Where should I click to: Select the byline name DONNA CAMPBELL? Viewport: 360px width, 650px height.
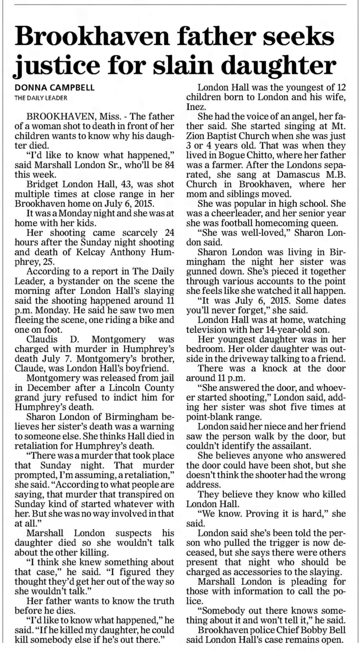pyautogui.click(x=55, y=88)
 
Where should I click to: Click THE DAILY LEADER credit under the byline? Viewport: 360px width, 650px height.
pyautogui.click(x=41, y=98)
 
